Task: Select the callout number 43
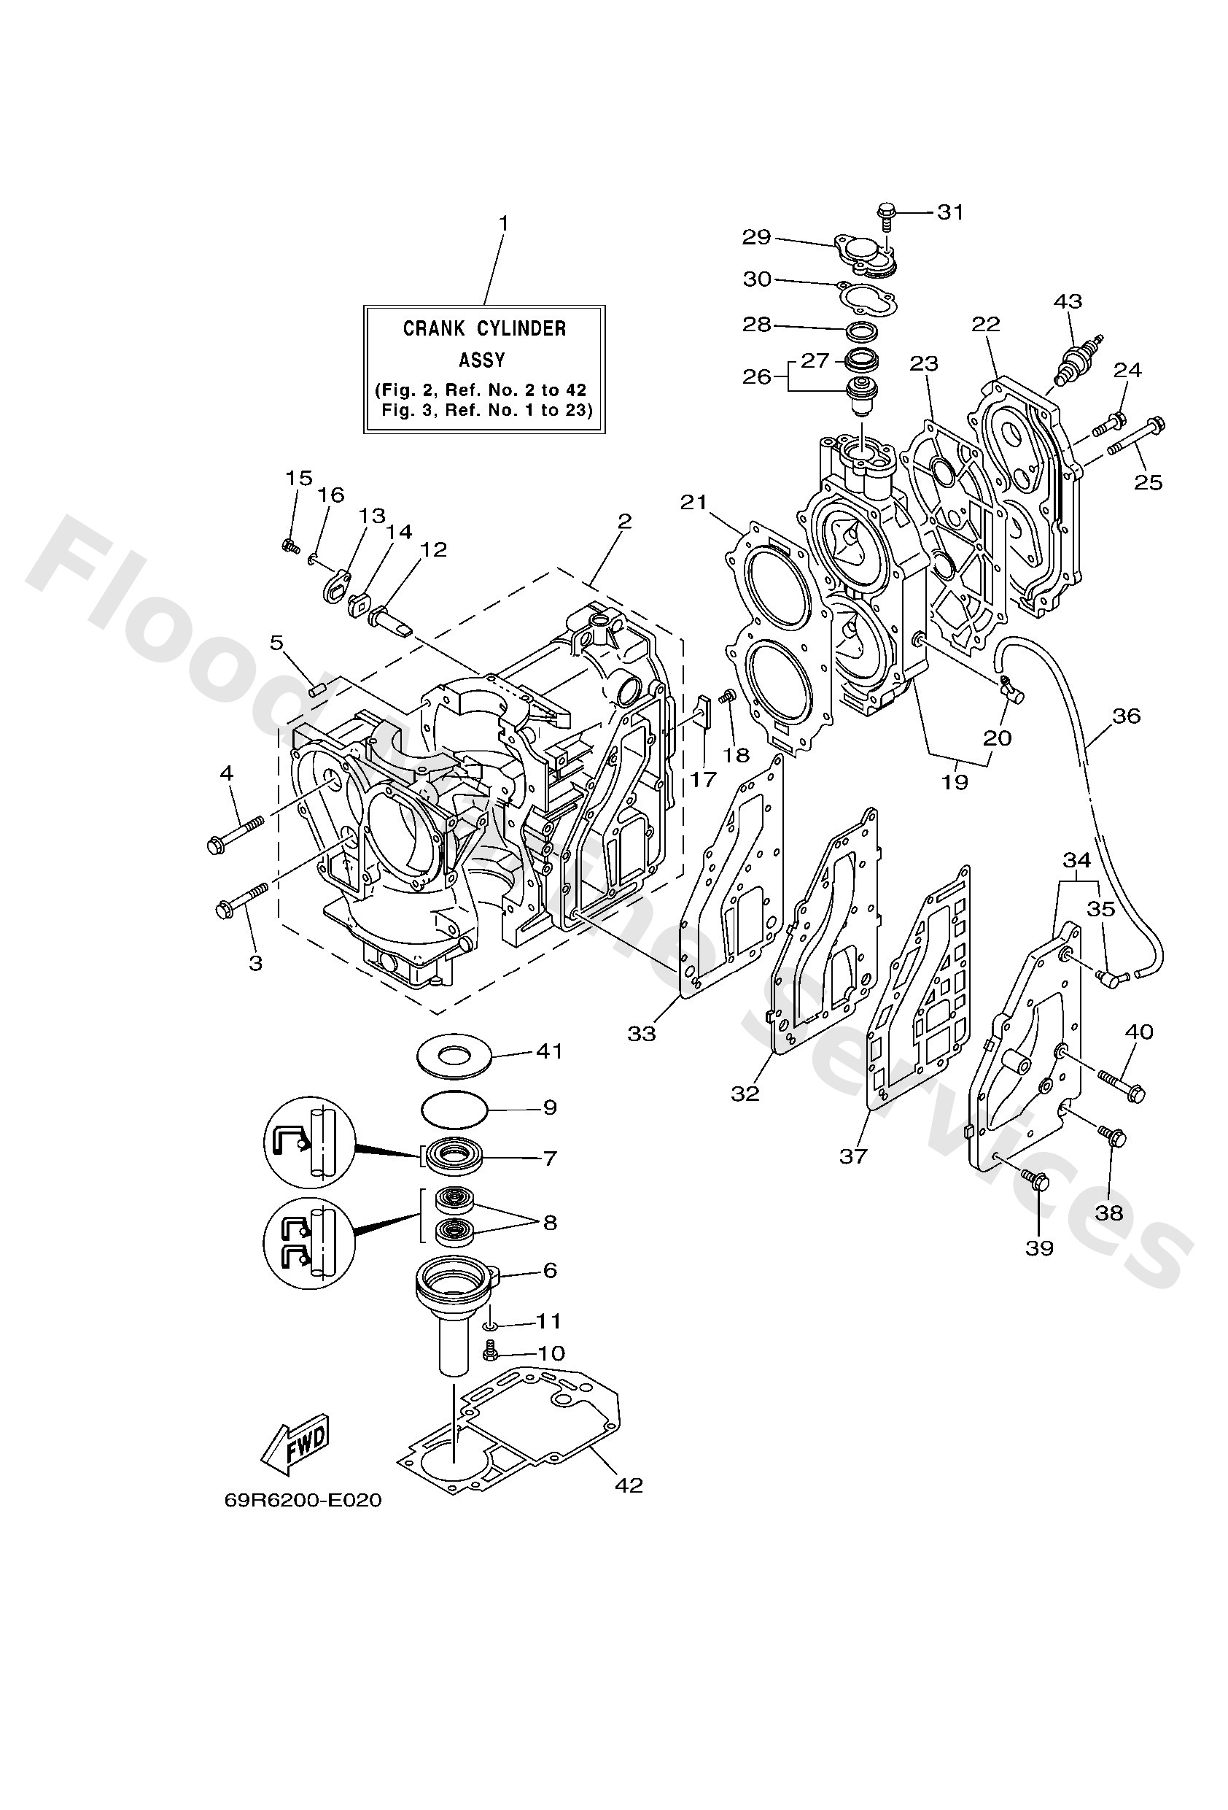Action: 1068,301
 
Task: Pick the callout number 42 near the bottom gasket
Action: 629,1485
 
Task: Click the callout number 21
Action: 693,503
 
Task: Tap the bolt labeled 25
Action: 1135,436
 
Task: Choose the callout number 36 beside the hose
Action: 1126,715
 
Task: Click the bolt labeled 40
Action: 1122,1085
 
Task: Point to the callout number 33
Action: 642,1034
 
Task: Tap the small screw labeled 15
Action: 290,546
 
